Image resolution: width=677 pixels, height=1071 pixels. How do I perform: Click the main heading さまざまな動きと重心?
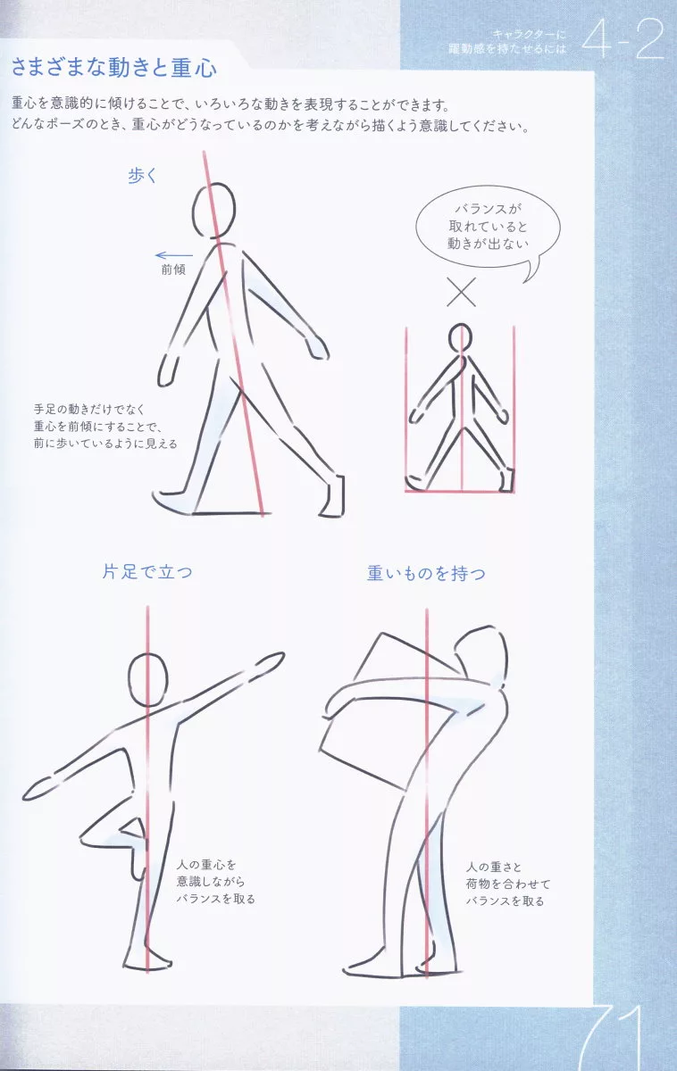(113, 67)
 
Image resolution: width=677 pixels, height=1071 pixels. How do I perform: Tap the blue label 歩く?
(143, 176)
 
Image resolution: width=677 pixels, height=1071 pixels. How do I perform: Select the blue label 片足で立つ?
(147, 572)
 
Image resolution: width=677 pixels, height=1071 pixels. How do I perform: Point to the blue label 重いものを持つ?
(426, 573)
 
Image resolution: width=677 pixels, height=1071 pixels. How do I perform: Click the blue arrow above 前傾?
(174, 256)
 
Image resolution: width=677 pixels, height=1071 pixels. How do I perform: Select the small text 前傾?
(173, 270)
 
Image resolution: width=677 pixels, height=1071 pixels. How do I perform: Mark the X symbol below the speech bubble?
(461, 292)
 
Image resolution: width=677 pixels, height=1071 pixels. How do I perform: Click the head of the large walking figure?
(213, 211)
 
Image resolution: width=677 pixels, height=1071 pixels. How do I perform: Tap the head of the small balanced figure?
(460, 338)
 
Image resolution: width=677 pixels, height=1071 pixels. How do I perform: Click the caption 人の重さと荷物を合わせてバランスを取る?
(508, 884)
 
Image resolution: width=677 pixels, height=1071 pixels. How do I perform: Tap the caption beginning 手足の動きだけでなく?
(105, 426)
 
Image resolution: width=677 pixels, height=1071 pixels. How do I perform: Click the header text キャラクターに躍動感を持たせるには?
(507, 42)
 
